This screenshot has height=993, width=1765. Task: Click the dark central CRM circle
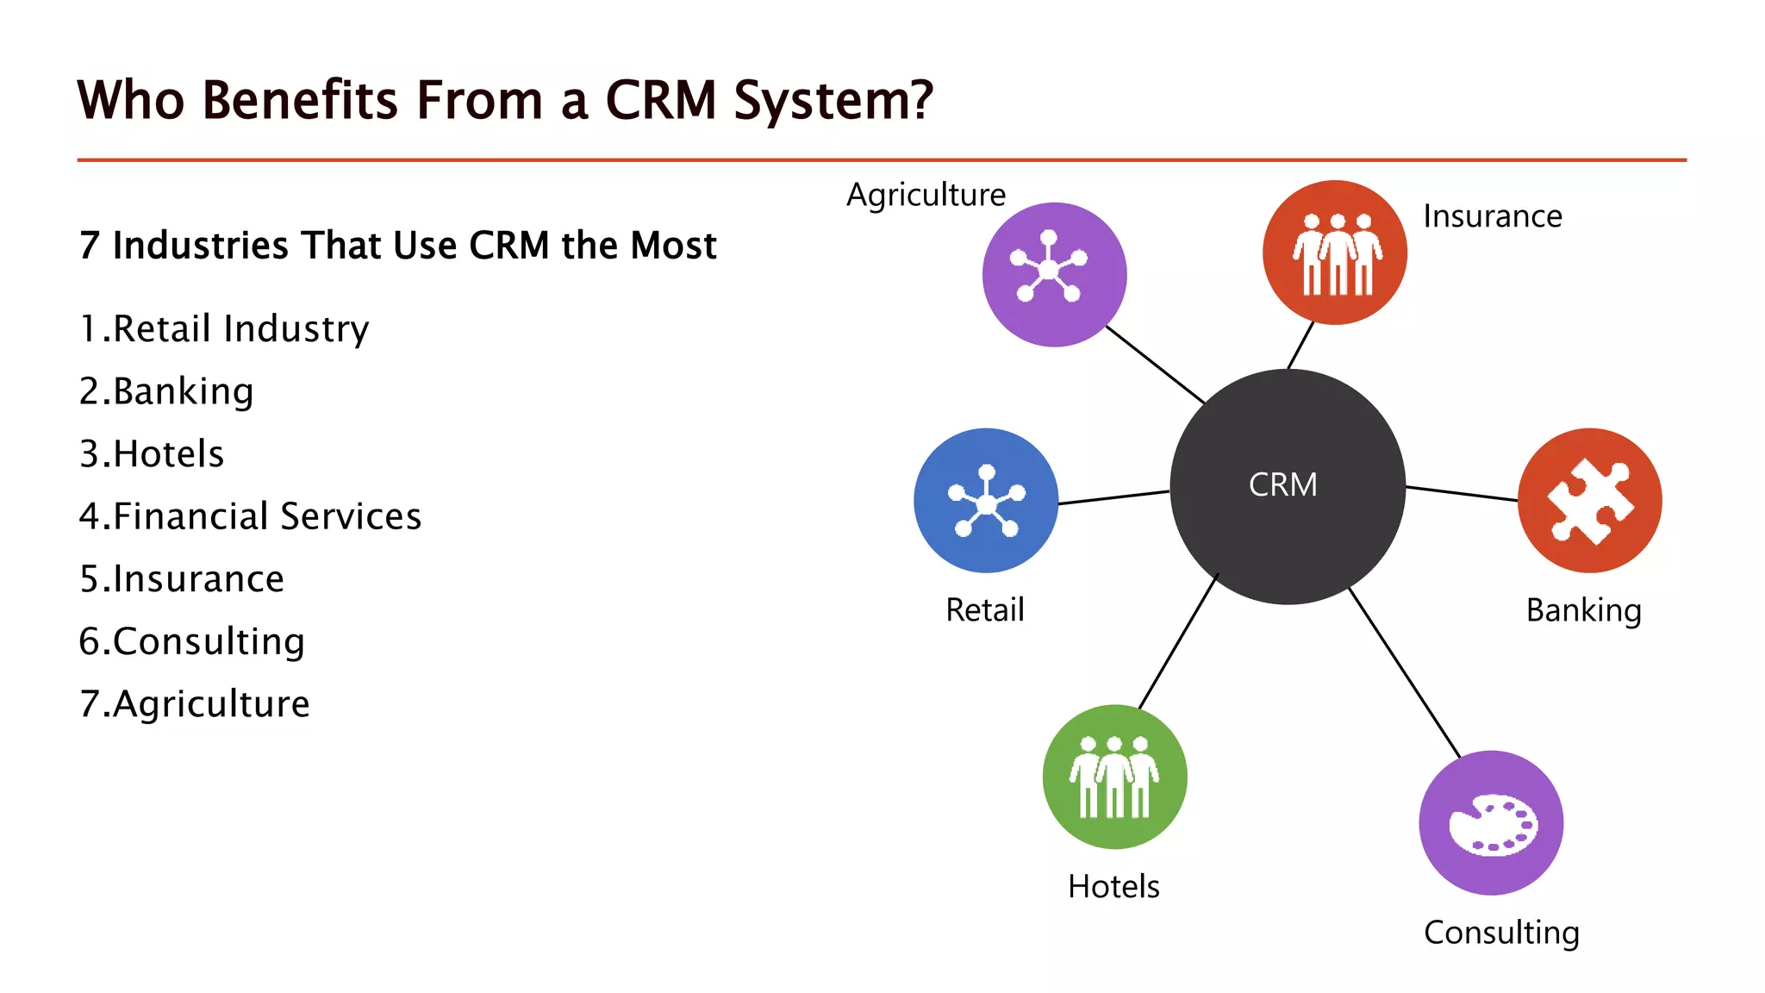pos(1288,486)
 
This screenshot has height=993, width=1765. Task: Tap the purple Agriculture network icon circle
pos(1054,274)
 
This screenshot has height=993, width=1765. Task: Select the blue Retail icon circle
pos(986,500)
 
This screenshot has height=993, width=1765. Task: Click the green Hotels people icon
pos(1114,777)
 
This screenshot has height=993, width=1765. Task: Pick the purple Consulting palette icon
pos(1491,823)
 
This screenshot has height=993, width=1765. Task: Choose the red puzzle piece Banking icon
pos(1589,500)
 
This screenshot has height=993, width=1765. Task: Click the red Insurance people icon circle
pos(1335,253)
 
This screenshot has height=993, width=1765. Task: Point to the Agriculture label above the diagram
pos(926,195)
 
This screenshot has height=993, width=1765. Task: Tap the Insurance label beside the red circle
pos(1492,216)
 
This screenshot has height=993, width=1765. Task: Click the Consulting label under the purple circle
pos(1501,933)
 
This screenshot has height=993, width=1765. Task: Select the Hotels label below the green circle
pos(1113,886)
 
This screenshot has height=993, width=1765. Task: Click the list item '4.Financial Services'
pos(250,516)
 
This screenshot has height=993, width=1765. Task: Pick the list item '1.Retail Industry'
pos(224,329)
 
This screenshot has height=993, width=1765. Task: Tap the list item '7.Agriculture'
pos(194,704)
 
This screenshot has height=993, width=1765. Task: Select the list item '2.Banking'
pos(166,391)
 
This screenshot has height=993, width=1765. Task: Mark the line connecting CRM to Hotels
pos(1178,641)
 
